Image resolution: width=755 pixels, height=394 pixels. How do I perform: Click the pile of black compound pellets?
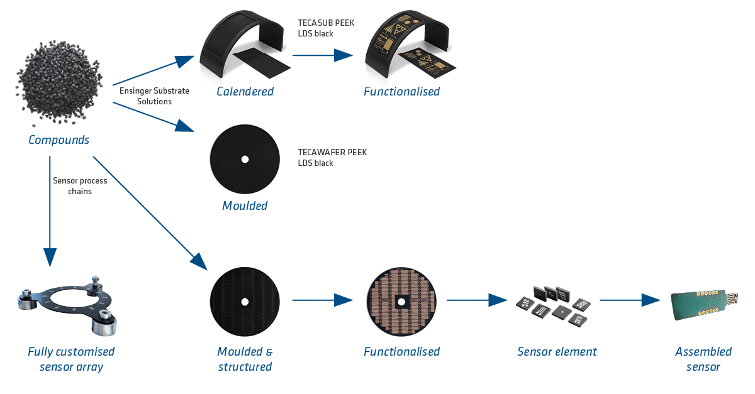59,82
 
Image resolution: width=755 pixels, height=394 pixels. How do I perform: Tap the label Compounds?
59,140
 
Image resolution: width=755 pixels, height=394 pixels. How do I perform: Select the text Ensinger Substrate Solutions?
154,96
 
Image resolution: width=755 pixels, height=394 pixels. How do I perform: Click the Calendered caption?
245,92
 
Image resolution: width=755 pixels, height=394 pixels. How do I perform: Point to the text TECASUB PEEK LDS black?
326,28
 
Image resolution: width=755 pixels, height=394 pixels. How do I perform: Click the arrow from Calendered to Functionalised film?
322,55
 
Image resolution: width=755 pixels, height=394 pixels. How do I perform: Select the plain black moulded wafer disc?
245,159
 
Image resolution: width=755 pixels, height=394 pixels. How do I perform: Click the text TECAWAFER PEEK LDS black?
332,158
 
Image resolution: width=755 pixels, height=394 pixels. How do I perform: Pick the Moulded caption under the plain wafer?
245,206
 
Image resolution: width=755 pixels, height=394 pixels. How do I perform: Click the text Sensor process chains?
79,186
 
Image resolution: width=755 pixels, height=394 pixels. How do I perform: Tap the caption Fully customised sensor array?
71,359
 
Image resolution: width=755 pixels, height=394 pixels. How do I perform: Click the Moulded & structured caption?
245,359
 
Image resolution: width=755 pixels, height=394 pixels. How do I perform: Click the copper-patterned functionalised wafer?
401,301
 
